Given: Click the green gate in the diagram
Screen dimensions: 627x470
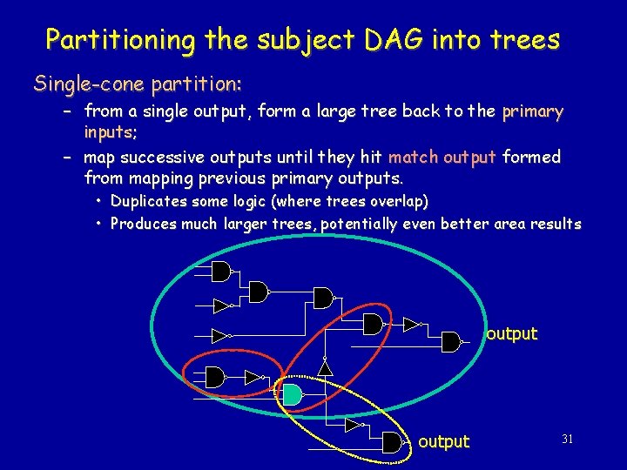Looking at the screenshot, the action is (292, 394).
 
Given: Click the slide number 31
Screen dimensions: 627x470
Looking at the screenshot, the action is (567, 440).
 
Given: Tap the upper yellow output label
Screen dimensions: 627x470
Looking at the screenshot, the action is (511, 333).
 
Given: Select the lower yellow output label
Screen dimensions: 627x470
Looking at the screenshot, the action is (443, 441).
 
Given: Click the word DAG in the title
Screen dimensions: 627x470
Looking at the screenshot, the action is (397, 39).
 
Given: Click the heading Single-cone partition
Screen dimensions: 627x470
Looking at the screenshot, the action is (138, 84).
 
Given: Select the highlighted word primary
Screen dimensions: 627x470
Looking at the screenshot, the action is (533, 111).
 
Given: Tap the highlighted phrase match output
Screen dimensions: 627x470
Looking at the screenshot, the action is (442, 158).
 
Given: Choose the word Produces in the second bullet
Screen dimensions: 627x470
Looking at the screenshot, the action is (143, 224).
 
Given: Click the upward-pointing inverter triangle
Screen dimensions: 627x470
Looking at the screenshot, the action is (325, 368).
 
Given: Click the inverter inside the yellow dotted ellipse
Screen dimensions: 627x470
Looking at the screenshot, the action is (353, 425).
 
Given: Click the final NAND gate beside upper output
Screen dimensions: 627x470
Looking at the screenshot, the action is (451, 341).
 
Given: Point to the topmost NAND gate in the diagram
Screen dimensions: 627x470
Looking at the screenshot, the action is (221, 272).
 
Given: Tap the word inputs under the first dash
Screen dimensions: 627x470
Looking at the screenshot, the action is (107, 132).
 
